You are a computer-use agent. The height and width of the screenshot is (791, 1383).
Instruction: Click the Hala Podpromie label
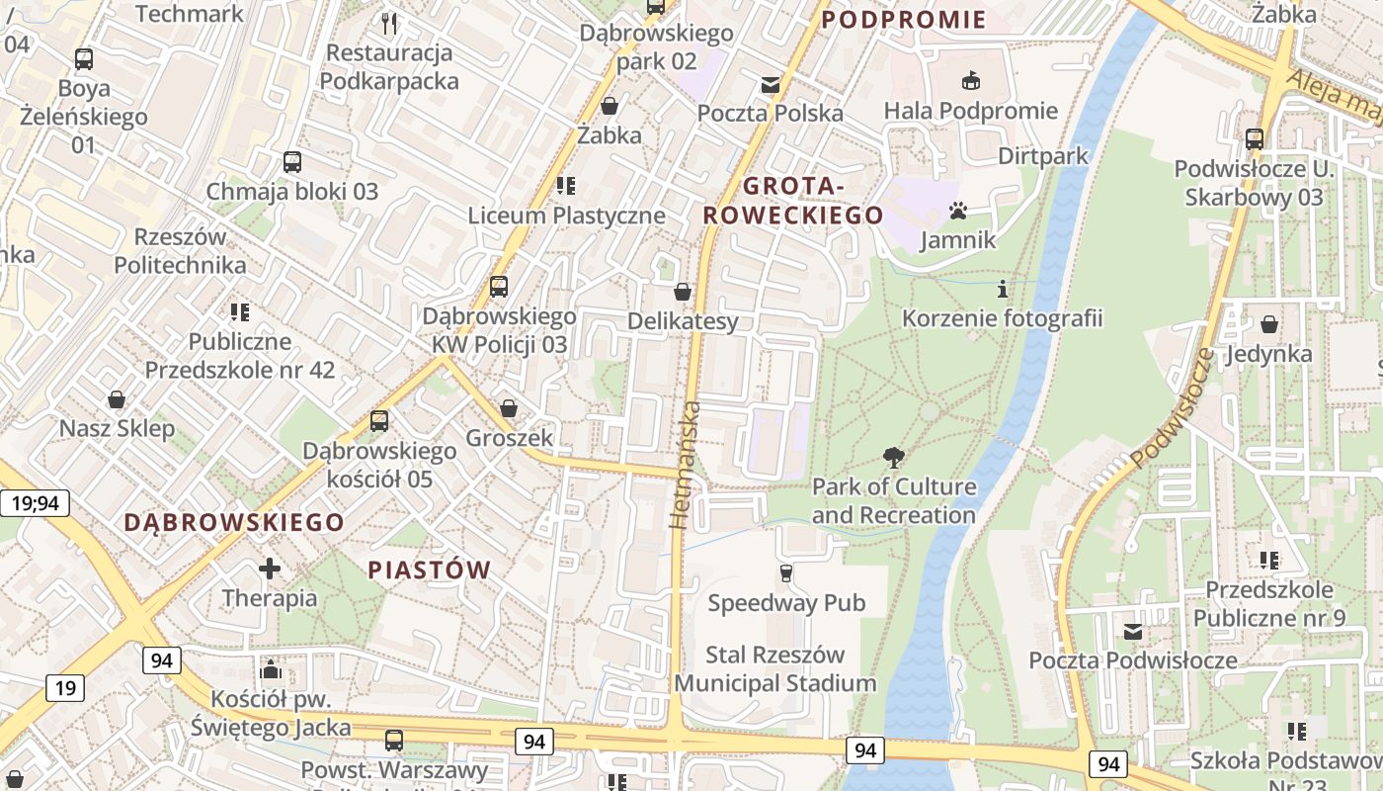pos(970,111)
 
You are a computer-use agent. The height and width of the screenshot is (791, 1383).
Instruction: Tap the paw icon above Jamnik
pos(957,211)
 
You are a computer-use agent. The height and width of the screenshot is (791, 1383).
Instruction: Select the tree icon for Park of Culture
pos(894,457)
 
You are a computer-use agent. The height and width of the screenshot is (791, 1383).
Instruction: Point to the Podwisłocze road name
pos(1172,408)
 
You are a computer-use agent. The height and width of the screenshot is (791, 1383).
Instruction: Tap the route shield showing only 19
pos(64,688)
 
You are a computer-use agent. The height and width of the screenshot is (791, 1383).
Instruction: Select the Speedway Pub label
pos(786,602)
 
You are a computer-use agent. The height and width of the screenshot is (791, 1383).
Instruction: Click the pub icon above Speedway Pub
pos(786,573)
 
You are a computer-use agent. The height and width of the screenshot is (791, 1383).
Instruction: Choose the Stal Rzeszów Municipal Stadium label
pos(775,668)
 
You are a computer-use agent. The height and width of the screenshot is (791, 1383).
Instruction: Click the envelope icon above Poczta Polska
pos(770,85)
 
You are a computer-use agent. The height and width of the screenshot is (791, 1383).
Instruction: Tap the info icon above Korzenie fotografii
pos(1003,290)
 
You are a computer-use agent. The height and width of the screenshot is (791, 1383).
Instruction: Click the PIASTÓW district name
pos(430,570)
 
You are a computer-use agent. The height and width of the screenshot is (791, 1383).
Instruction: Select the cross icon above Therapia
pos(270,569)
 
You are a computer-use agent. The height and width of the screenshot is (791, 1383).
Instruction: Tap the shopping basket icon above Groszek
pos(509,408)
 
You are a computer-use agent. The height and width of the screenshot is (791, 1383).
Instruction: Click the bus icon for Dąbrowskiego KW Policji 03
pos(499,287)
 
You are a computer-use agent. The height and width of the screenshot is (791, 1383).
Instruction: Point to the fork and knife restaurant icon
pos(389,23)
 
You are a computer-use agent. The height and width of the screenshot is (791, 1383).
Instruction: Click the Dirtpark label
pos(1042,155)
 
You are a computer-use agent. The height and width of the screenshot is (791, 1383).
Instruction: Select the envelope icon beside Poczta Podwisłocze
pos(1133,631)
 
